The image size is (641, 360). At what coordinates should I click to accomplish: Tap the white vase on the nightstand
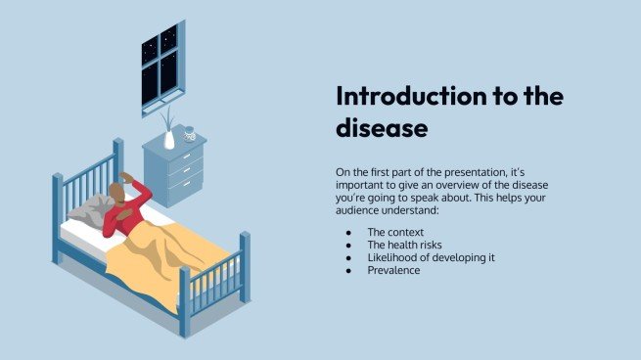169,138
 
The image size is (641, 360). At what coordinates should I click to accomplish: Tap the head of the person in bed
118,191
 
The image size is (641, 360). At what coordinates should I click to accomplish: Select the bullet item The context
395,232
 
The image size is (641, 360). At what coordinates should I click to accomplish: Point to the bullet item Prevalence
393,270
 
